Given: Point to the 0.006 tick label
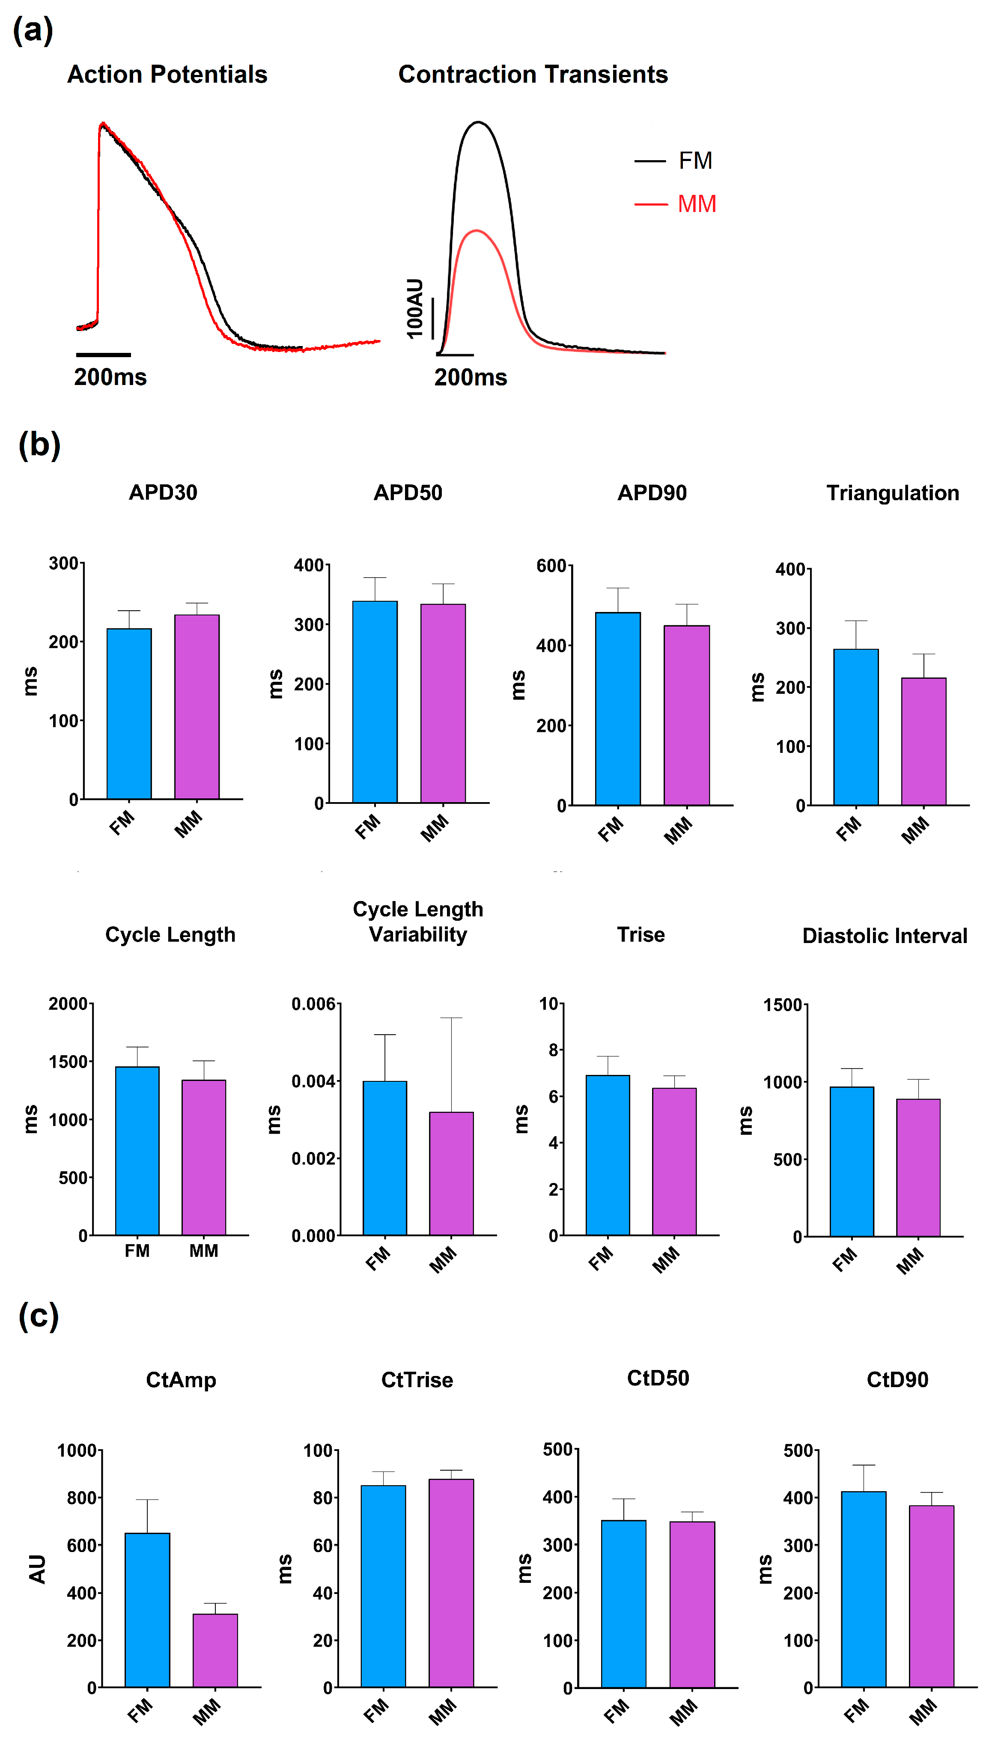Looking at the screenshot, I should (313, 1004).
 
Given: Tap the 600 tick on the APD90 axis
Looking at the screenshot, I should (551, 566).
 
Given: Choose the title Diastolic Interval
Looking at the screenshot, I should (884, 936).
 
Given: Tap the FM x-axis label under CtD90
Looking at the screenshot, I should (855, 1710).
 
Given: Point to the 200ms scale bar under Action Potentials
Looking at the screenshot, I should (103, 355).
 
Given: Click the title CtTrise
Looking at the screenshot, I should (417, 1380).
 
